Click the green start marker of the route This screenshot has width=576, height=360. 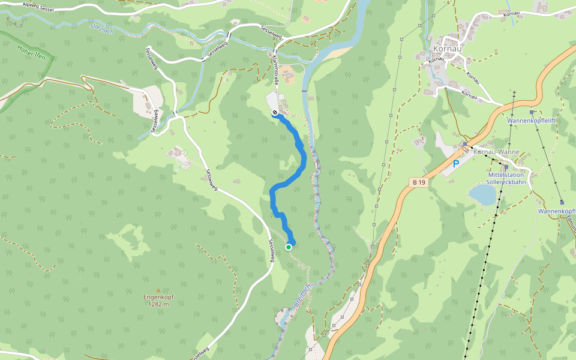click(x=289, y=247)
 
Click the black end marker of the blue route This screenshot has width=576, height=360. click(x=275, y=113)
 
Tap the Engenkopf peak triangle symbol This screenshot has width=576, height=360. click(x=158, y=290)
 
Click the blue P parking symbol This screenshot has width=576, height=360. click(x=456, y=163)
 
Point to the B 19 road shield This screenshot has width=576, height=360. click(x=419, y=182)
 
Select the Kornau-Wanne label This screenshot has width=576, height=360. click(x=496, y=152)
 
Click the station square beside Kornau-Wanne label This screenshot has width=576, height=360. click(x=465, y=144)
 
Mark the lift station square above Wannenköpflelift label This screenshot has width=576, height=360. click(x=531, y=112)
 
